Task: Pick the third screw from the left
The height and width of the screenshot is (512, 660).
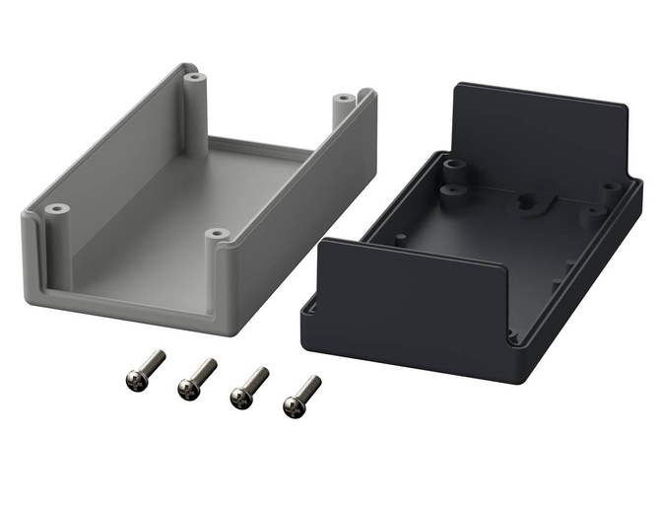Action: (241, 397)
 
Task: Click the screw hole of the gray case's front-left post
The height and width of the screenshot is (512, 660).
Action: (56, 209)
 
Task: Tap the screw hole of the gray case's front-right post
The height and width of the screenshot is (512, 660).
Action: (217, 235)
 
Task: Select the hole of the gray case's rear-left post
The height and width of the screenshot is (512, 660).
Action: (195, 76)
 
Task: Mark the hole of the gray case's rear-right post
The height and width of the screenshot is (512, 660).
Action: (343, 98)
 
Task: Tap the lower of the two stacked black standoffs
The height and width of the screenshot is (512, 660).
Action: (453, 187)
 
